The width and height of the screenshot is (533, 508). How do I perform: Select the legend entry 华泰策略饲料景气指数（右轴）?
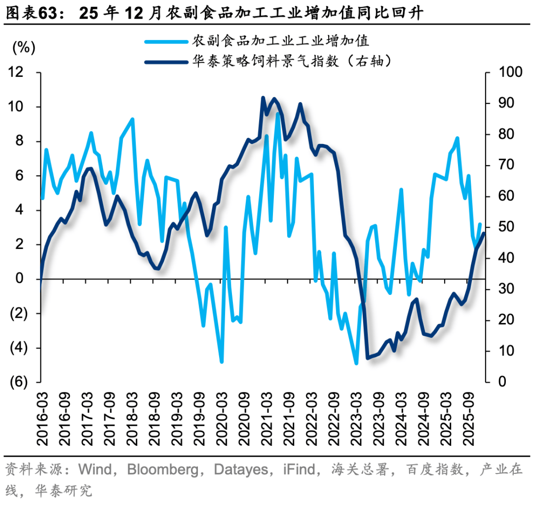click(292, 61)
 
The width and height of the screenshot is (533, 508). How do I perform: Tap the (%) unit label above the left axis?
click(23, 48)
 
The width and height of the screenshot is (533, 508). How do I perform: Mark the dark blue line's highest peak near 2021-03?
click(263, 98)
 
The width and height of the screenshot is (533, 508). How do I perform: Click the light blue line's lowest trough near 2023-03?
click(356, 363)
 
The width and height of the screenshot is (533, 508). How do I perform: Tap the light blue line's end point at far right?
click(479, 224)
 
